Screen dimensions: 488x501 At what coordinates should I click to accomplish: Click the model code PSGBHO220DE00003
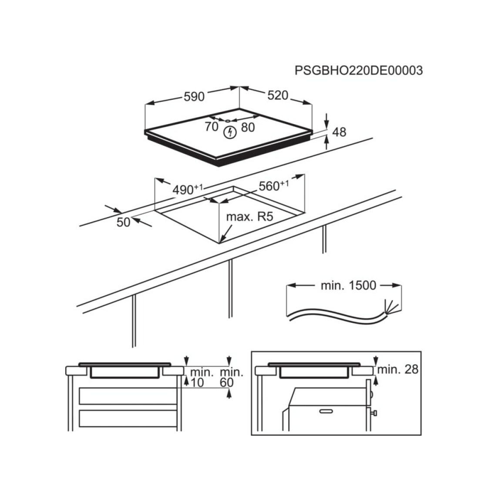pos(358,70)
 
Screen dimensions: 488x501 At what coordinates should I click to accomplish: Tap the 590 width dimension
pos(194,96)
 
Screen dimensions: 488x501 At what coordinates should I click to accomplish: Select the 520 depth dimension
pos(278,95)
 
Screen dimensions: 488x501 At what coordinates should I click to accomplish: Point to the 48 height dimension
pos(339,132)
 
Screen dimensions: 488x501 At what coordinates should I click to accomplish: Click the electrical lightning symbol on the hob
pos(229,132)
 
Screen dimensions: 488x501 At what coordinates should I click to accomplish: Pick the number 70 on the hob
pos(212,127)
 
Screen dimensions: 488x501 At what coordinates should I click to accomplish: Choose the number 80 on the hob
pos(248,127)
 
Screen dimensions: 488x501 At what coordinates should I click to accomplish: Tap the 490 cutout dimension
pos(188,189)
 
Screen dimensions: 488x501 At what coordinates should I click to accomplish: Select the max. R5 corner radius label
pos(250,217)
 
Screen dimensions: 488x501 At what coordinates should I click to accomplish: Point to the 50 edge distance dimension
pos(123,222)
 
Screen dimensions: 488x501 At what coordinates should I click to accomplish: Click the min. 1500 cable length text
pos(348,285)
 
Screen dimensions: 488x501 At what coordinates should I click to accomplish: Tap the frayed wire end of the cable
pos(391,306)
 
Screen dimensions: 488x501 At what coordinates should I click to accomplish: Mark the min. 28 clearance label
pos(398,369)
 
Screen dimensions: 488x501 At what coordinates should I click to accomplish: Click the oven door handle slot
pos(326,411)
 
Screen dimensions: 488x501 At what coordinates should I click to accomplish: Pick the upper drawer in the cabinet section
pos(128,396)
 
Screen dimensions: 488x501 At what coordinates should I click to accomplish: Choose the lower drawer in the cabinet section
pos(128,419)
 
